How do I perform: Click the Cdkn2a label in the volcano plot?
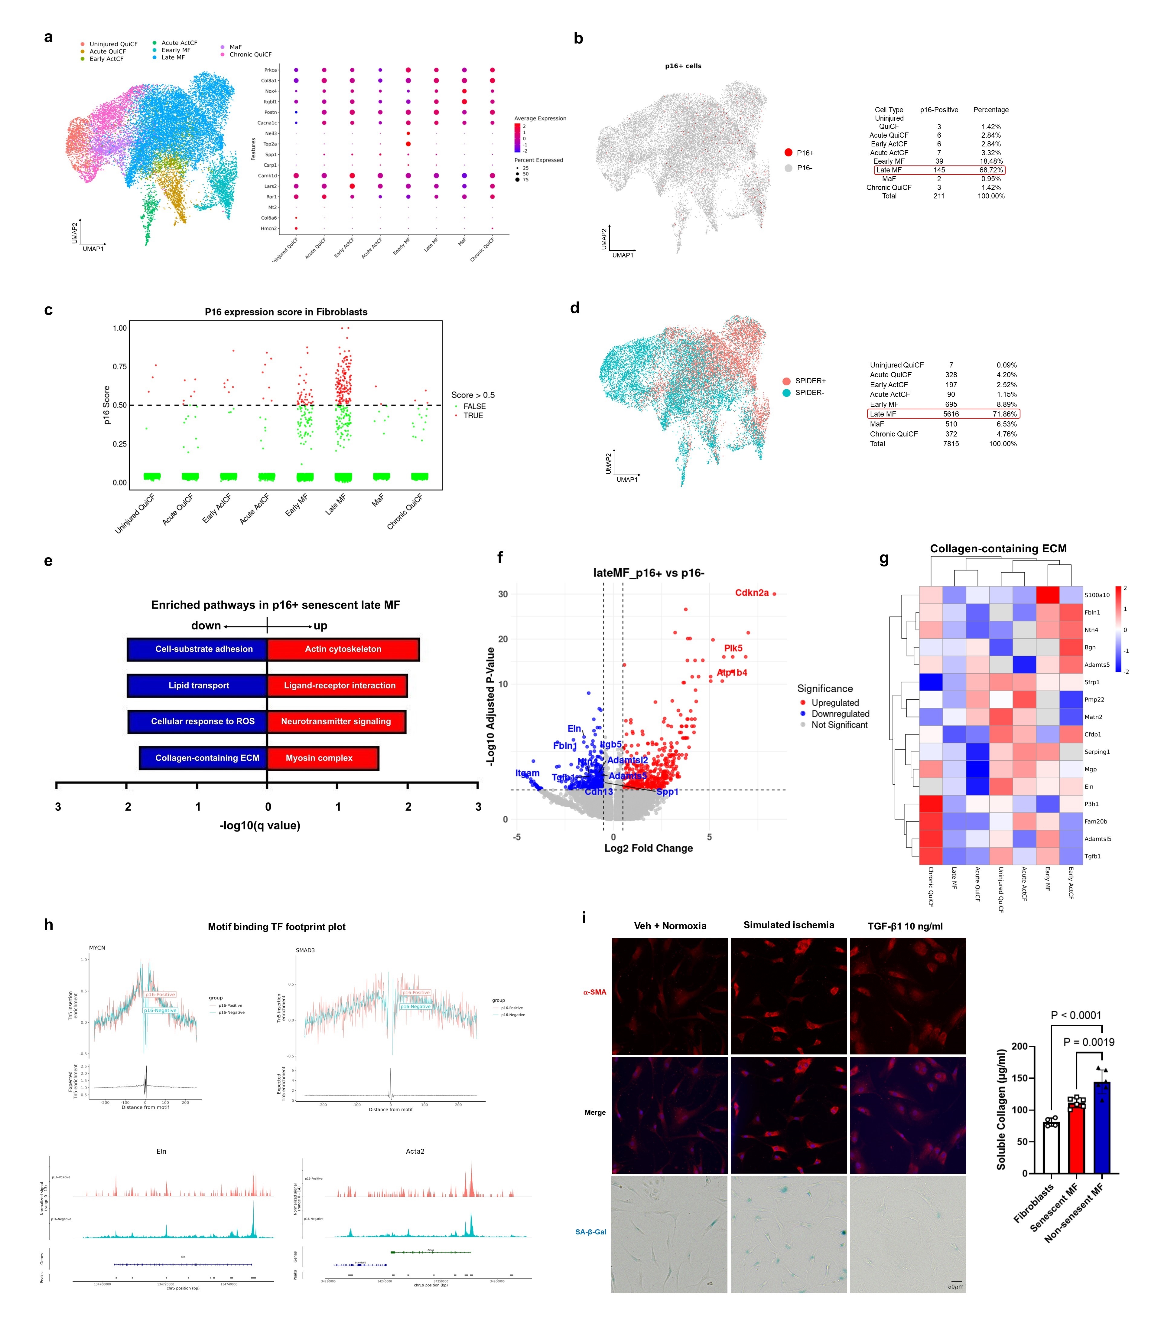tap(752, 593)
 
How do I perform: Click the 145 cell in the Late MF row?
tap(939, 170)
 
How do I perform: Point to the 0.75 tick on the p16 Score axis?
tap(120, 367)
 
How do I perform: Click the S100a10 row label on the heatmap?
tap(1097, 595)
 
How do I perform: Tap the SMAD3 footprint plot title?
tap(305, 950)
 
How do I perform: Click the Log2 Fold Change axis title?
tap(649, 848)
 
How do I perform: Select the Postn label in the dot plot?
tap(270, 112)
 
